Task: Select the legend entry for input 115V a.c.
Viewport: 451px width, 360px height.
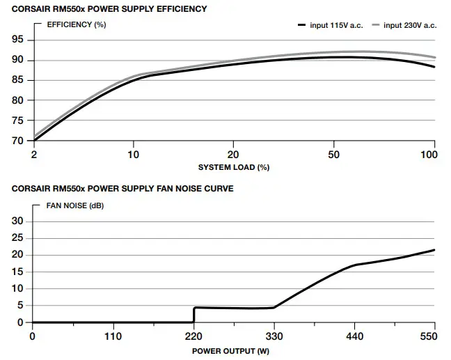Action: coord(328,26)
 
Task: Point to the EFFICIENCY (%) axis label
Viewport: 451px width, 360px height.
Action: coord(76,25)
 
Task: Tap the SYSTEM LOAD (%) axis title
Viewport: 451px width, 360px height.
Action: coord(233,167)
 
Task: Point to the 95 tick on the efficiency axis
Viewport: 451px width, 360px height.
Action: coord(18,40)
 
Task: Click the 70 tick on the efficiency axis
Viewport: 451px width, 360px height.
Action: coord(18,141)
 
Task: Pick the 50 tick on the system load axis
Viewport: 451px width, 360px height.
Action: coord(334,155)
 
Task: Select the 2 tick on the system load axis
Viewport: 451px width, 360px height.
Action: coord(33,155)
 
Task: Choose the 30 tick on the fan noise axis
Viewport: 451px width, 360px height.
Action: coord(18,221)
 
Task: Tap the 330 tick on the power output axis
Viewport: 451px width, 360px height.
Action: coord(274,336)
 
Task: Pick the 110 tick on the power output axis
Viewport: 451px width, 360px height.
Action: coord(113,336)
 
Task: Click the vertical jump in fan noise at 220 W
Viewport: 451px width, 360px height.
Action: coord(193,315)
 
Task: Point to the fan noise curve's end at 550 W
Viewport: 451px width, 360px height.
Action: coord(434,250)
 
